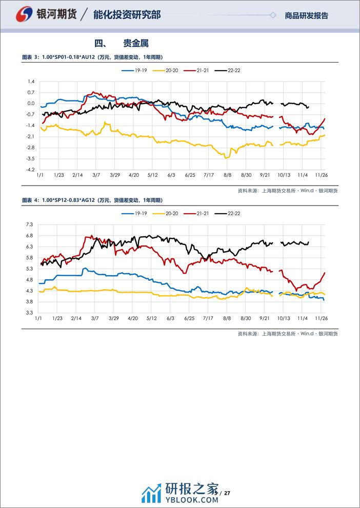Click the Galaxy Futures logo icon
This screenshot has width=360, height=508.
[x=22, y=14]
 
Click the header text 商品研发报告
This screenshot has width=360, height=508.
[x=306, y=16]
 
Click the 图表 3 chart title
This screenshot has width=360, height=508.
[x=96, y=57]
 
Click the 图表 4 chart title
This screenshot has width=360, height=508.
[x=96, y=199]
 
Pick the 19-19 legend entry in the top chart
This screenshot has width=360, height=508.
[x=135, y=70]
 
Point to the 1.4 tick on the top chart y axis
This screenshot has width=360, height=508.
[x=31, y=82]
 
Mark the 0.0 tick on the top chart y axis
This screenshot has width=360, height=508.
[x=31, y=104]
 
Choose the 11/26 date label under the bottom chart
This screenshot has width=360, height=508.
[x=321, y=318]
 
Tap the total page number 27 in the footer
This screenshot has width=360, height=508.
[x=228, y=493]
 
